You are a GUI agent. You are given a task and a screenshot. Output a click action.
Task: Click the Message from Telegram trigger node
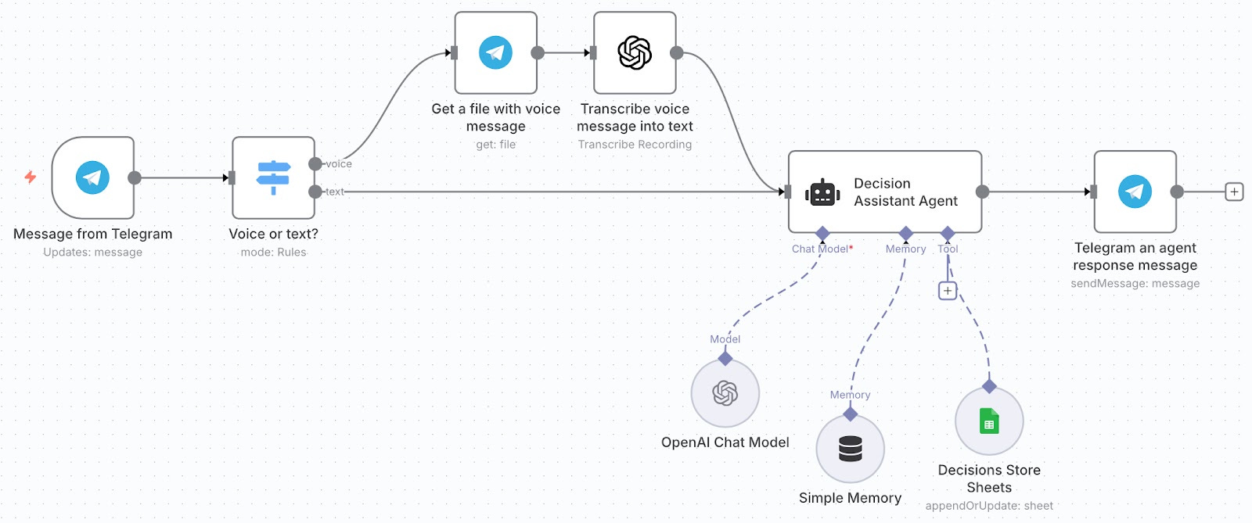(92, 178)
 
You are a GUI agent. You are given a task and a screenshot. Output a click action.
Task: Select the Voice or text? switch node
(273, 178)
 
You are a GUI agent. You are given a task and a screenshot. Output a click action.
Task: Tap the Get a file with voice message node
(495, 53)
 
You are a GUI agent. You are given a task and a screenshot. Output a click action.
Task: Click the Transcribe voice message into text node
(635, 53)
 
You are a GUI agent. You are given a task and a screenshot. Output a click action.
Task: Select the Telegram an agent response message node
(1135, 192)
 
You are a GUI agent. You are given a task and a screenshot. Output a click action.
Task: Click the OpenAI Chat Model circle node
(725, 393)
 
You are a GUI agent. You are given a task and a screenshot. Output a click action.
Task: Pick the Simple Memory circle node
(850, 449)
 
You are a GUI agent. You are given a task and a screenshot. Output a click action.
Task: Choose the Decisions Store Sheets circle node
(989, 421)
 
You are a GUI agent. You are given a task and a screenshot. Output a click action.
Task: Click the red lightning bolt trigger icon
(31, 177)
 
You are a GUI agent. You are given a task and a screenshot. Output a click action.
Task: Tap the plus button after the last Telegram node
(1234, 192)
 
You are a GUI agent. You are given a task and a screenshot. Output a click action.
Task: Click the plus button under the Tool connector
(948, 291)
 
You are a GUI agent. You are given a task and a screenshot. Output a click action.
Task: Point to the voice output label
(339, 164)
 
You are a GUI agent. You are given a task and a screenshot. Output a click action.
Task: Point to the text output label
(335, 192)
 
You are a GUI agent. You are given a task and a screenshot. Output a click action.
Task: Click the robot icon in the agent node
(822, 192)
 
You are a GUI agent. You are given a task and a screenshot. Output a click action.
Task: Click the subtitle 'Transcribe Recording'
(635, 145)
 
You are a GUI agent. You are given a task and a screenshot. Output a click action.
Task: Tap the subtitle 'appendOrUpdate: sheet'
(989, 506)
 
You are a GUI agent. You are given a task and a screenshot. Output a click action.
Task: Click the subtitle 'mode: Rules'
(273, 253)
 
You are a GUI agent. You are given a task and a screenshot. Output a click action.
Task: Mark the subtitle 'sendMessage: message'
(1135, 284)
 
